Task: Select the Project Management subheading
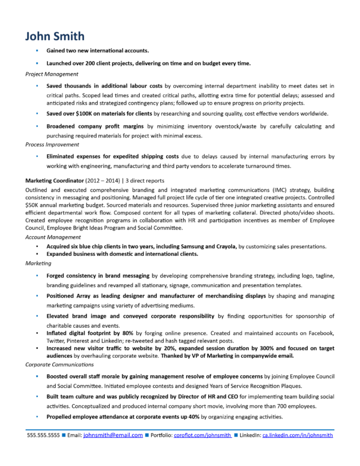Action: click(x=52, y=74)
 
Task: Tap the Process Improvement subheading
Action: click(x=53, y=145)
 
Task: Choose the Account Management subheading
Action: click(x=53, y=238)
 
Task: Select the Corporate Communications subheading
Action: click(x=61, y=365)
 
